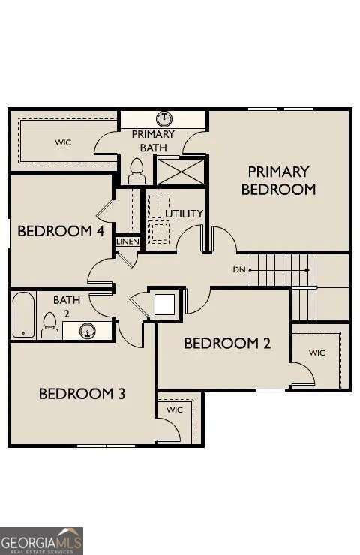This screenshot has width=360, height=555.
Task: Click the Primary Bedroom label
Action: tap(278, 181)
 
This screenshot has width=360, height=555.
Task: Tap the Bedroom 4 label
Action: tap(60, 230)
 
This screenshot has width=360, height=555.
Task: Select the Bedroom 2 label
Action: tap(226, 343)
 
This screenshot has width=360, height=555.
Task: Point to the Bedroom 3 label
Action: tap(82, 393)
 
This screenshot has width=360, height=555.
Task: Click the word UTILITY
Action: tap(184, 214)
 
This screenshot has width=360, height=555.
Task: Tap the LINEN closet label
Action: tap(127, 241)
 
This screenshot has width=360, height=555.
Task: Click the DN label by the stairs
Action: tap(239, 268)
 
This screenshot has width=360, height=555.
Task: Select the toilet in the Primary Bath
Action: tap(136, 171)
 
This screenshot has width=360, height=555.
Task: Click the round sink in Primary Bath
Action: tap(165, 118)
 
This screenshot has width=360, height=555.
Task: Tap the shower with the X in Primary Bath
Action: tap(180, 171)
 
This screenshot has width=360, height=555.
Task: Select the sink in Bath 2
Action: tap(87, 329)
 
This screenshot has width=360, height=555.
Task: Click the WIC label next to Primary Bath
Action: tap(63, 142)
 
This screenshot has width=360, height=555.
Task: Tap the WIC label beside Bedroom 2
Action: tap(317, 352)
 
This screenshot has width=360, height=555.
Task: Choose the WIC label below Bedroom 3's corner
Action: tap(175, 410)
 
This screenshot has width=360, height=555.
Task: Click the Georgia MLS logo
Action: tap(41, 541)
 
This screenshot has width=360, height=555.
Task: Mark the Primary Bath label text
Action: tap(153, 141)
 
